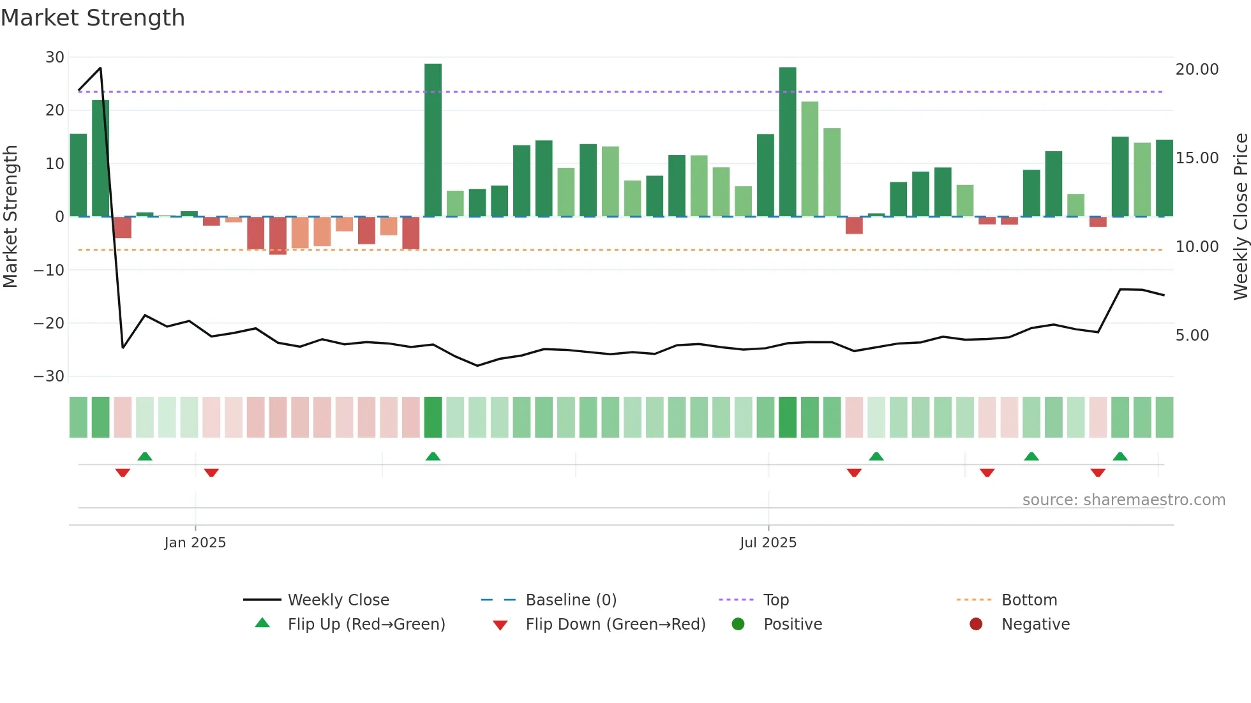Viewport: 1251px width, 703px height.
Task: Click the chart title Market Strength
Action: (93, 18)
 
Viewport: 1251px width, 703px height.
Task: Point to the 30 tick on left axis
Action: (55, 57)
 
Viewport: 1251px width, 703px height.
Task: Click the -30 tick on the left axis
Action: (49, 376)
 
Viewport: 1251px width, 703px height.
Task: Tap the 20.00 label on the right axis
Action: (1197, 70)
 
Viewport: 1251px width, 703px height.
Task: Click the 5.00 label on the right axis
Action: (1192, 336)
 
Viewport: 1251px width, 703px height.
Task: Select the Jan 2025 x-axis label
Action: (195, 543)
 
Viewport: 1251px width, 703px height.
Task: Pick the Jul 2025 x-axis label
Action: (768, 543)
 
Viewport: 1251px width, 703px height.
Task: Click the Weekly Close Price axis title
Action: (1240, 217)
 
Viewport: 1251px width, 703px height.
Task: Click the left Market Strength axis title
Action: (10, 217)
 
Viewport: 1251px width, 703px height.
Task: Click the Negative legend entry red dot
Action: (976, 625)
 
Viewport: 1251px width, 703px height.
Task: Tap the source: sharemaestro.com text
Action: (1123, 500)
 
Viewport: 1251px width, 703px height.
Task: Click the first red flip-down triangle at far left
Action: (123, 473)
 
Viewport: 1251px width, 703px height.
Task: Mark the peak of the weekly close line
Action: (100, 68)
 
